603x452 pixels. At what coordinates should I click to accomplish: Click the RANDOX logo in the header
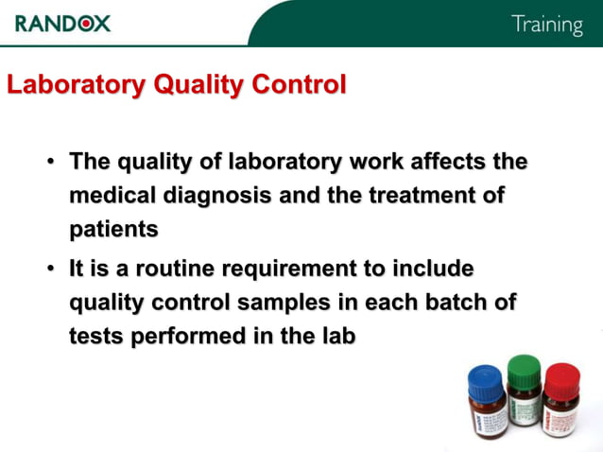(x=62, y=23)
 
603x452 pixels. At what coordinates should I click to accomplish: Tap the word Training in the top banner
(x=546, y=25)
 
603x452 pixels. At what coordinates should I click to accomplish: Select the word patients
(x=113, y=229)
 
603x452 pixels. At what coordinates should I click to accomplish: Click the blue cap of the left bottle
(x=486, y=379)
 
